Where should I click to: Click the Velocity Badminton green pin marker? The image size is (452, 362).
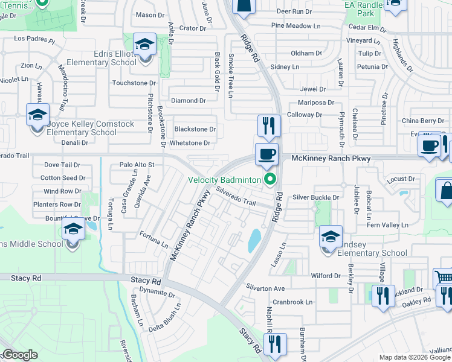[x=270, y=180]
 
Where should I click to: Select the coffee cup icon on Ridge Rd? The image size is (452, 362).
[x=266, y=154]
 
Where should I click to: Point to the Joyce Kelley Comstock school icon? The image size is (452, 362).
[x=37, y=115]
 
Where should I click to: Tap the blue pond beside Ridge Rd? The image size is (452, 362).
[x=254, y=240]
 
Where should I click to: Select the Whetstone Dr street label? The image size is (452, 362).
[x=190, y=143]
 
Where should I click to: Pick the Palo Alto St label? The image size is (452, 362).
[x=137, y=164]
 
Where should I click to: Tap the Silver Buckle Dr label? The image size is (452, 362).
[x=316, y=197]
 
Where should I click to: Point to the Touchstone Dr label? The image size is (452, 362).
[x=134, y=83]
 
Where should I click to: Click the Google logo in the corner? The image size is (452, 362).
[x=19, y=355]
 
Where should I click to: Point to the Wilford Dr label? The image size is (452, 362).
[x=326, y=276]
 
